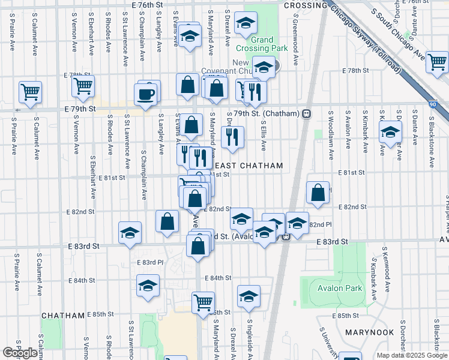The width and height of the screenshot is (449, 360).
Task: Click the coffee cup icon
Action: click(x=147, y=93)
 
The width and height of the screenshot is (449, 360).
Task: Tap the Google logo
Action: click(x=20, y=353)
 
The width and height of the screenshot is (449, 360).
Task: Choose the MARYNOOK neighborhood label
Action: click(x=369, y=332)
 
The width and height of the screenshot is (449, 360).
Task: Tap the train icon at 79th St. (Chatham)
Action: click(x=306, y=113)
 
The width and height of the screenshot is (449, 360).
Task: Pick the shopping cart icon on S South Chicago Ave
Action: click(x=438, y=61)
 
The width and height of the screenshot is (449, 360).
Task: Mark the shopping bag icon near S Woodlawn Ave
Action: click(x=318, y=192)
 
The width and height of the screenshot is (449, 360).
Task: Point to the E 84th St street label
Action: click(x=217, y=278)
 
